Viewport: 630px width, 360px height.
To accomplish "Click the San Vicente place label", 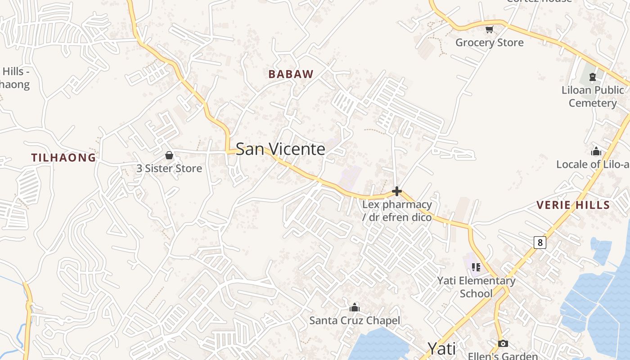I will tap(280, 149).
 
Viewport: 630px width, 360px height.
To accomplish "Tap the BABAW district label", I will tap(291, 74).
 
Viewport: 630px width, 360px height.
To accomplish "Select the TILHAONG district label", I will tap(63, 157).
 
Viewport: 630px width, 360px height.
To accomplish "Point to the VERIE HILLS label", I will tap(573, 205).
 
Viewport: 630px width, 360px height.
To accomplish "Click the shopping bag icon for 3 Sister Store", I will tap(169, 155).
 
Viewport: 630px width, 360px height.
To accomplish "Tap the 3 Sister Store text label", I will tap(169, 168).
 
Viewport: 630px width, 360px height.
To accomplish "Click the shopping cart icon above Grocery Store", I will tap(490, 30).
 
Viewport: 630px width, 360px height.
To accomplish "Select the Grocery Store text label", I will tap(490, 43).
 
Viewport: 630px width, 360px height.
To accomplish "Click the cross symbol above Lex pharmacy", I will tap(396, 191).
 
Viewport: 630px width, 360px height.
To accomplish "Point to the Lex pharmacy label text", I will tap(397, 211).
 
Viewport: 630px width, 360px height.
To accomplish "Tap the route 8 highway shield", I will tap(540, 243).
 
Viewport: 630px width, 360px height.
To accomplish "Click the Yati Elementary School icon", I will tap(476, 267).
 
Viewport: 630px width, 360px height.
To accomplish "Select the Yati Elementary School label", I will tap(476, 287).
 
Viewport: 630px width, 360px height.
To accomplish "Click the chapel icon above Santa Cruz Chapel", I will tap(355, 307).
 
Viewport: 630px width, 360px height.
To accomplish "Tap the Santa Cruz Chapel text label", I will tap(355, 320).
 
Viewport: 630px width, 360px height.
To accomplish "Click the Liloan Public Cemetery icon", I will tap(592, 77).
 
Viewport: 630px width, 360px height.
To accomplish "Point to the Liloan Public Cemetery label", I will tap(592, 96).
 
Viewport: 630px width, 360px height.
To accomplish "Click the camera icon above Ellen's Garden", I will tap(503, 344).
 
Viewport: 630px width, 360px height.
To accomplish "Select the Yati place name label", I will tap(441, 348).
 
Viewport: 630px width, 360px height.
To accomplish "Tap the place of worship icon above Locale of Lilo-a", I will tap(596, 151).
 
